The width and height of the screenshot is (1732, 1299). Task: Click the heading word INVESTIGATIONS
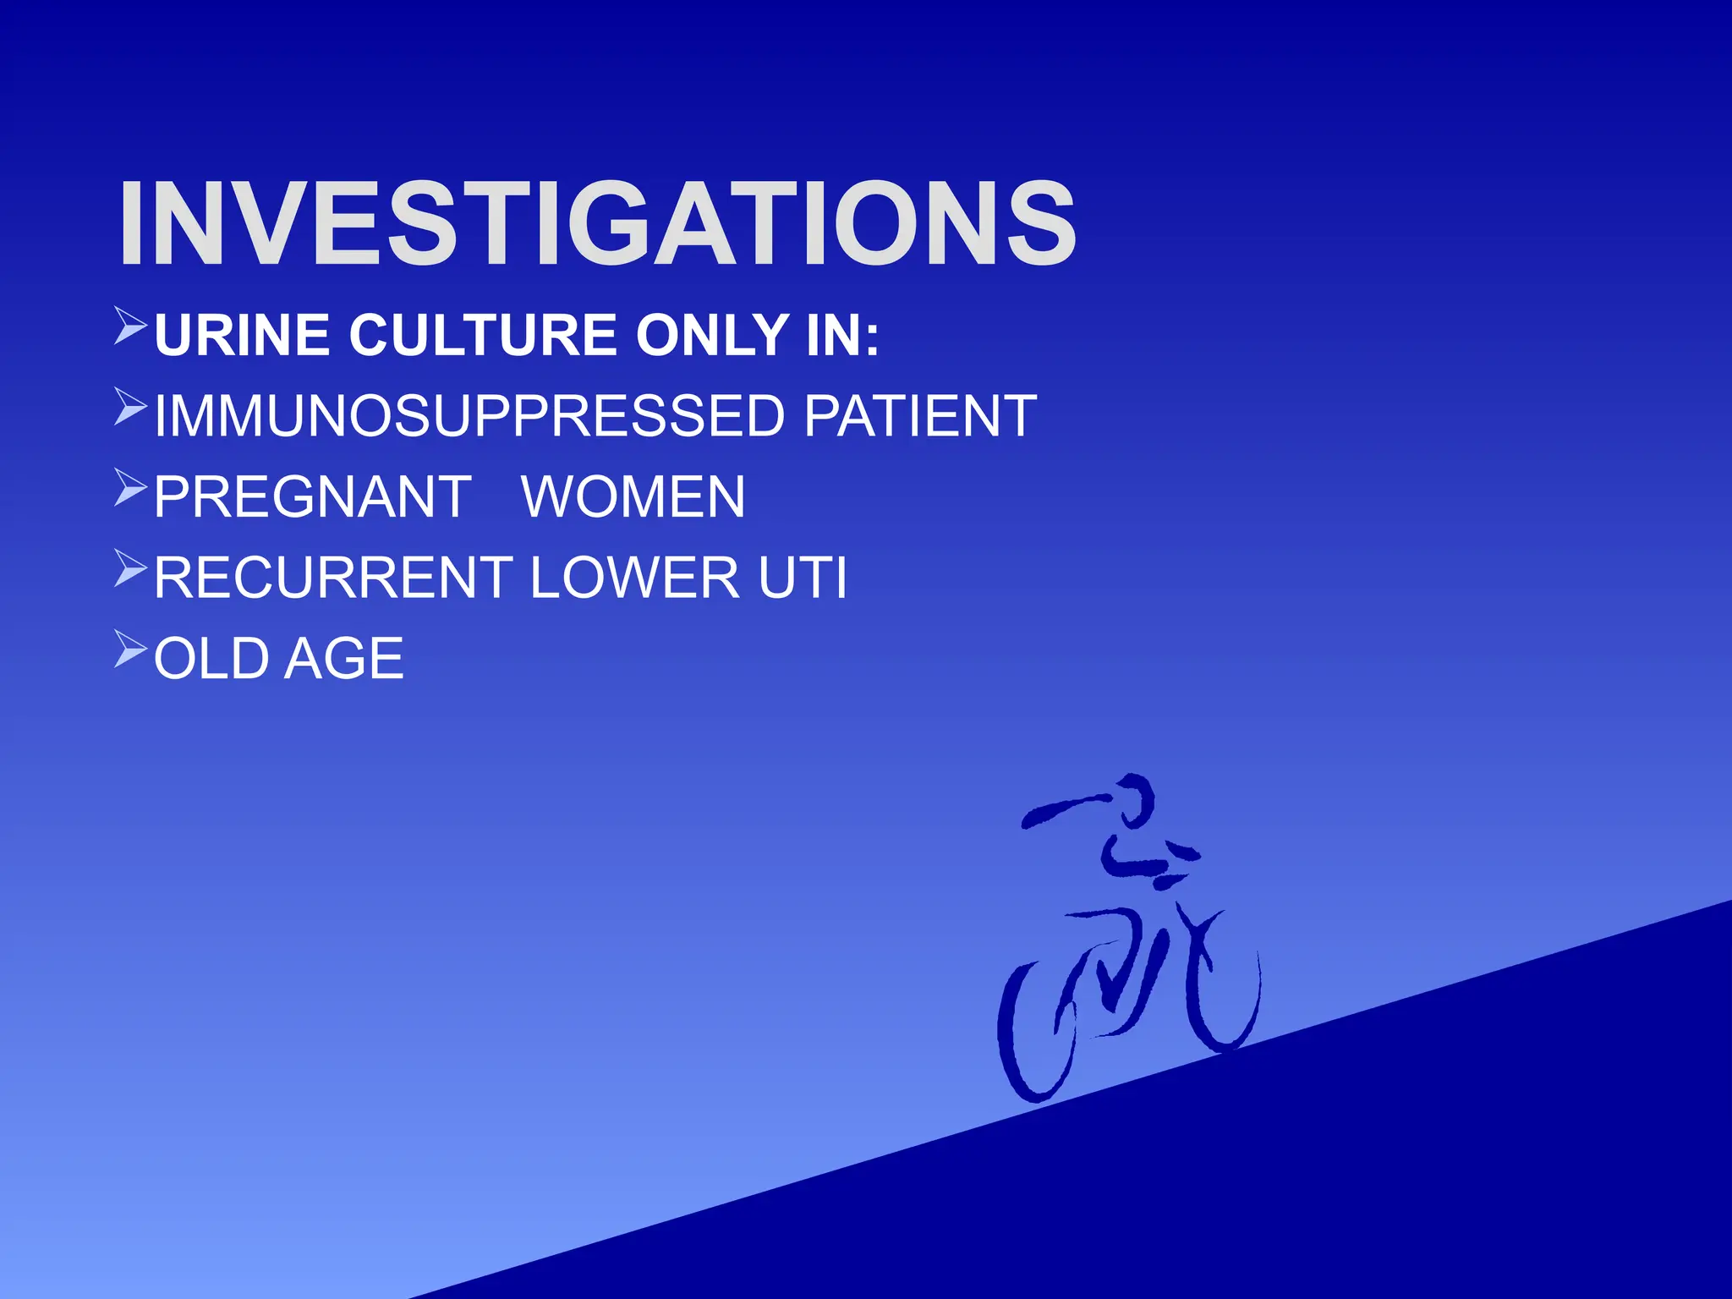click(x=597, y=224)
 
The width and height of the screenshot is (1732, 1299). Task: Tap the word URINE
click(x=242, y=335)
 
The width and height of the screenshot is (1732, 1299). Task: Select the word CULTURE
click(x=483, y=335)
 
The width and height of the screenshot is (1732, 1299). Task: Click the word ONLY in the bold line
click(x=713, y=335)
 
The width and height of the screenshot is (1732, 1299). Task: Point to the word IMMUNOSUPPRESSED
click(x=469, y=416)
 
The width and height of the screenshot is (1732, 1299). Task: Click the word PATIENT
click(x=919, y=416)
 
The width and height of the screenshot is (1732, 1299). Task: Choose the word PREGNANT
click(x=313, y=497)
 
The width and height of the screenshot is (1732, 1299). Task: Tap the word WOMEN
click(x=633, y=497)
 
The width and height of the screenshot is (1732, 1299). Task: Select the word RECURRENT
click(x=333, y=578)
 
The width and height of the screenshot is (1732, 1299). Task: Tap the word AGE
click(x=344, y=659)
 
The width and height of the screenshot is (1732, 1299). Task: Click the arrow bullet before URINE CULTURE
click(x=131, y=326)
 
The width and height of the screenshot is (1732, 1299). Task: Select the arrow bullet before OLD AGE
click(x=131, y=649)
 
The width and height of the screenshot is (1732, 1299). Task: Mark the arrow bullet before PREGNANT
click(x=131, y=487)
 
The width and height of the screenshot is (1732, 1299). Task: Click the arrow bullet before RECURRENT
click(x=131, y=568)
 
